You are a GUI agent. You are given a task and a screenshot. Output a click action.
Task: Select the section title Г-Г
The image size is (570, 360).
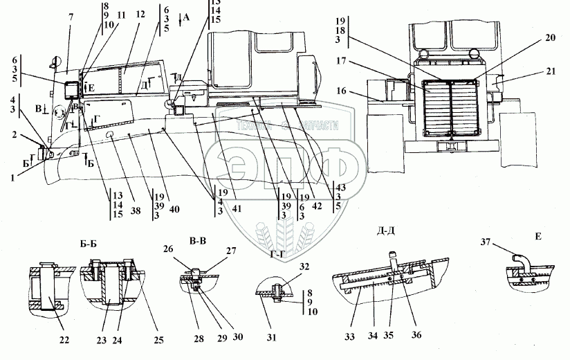coord(275,254)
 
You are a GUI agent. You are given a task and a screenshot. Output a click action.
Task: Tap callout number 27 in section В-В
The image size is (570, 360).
coord(210,251)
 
